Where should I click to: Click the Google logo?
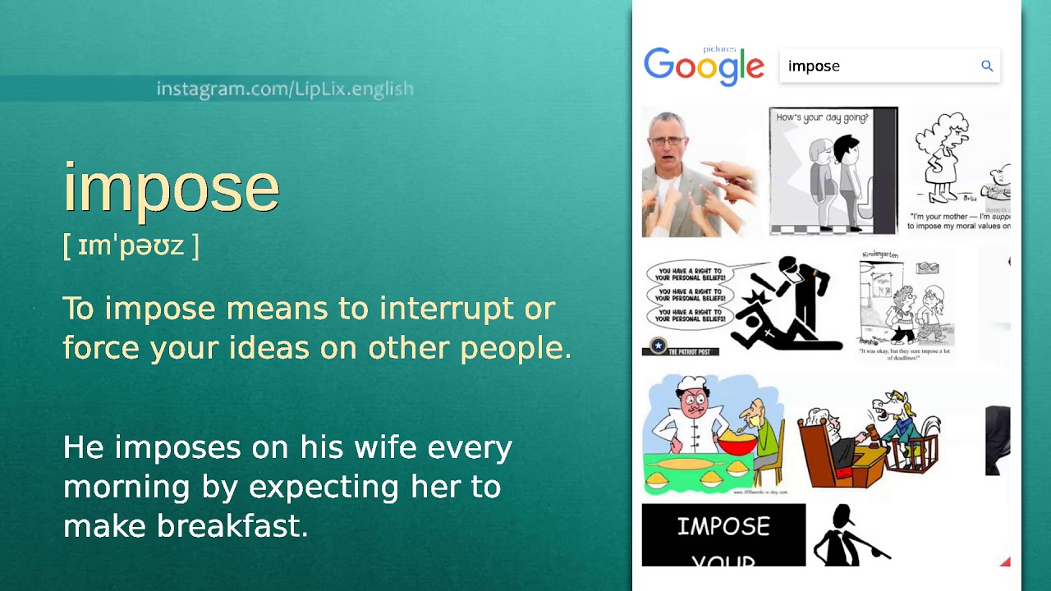(704, 66)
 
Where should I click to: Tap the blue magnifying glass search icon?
(987, 66)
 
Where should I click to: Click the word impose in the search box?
(814, 66)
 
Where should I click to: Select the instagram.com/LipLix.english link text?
(285, 89)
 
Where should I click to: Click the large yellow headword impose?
(172, 188)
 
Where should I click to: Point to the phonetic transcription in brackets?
(131, 245)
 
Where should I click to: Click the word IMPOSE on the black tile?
(723, 526)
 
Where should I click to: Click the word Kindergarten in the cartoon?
(880, 255)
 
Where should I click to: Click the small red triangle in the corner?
(1005, 561)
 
